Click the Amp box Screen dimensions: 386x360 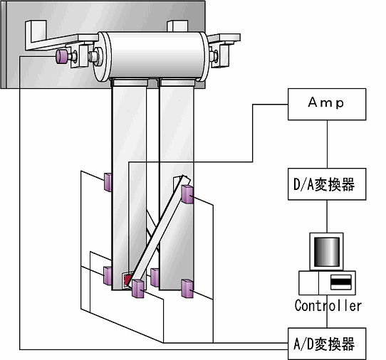click(327, 105)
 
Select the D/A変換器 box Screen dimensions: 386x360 click(327, 184)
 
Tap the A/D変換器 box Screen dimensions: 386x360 click(327, 344)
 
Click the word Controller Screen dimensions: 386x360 click(328, 306)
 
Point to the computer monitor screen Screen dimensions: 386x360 click(327, 252)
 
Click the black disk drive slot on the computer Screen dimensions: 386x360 click(340, 282)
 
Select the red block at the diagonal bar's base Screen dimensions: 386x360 click(127, 280)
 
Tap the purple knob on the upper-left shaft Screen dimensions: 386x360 click(61, 56)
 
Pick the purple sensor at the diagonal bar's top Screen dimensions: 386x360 click(187, 194)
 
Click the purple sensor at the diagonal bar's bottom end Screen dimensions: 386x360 click(137, 288)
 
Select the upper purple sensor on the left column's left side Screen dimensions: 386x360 click(108, 182)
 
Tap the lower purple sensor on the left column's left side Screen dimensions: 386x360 click(108, 276)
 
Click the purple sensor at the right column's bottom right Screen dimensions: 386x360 click(187, 288)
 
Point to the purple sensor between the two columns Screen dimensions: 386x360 click(155, 277)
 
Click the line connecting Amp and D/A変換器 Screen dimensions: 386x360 click(327, 144)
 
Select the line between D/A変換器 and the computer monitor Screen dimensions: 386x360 click(327, 216)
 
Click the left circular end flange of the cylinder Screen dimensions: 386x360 click(101, 56)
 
